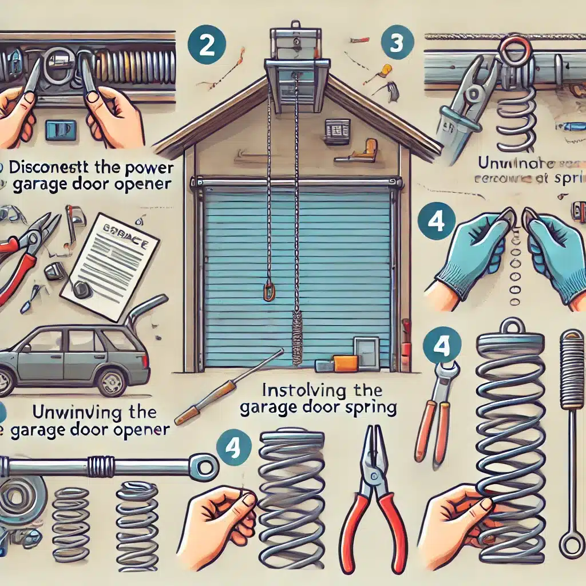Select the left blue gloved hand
click(473, 252)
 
